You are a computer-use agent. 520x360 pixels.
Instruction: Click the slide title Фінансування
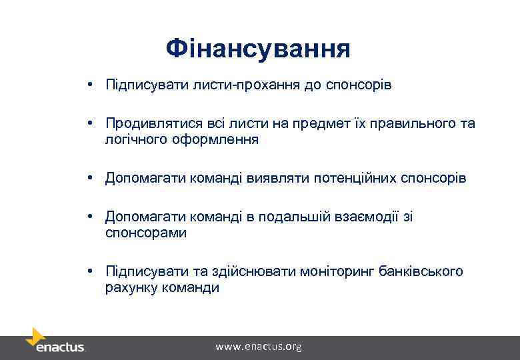(258, 48)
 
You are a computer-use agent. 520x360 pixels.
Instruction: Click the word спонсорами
(146, 233)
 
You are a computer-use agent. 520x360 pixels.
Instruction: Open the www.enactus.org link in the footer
(259, 347)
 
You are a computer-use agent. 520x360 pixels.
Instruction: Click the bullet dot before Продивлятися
(88, 124)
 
